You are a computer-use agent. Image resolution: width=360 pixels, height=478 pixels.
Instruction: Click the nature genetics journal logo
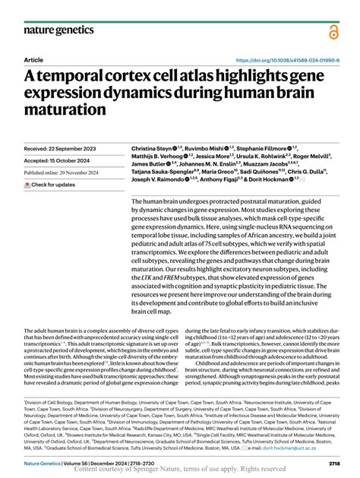(x=59, y=31)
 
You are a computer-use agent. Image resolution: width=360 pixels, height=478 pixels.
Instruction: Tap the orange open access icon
(x=333, y=30)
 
